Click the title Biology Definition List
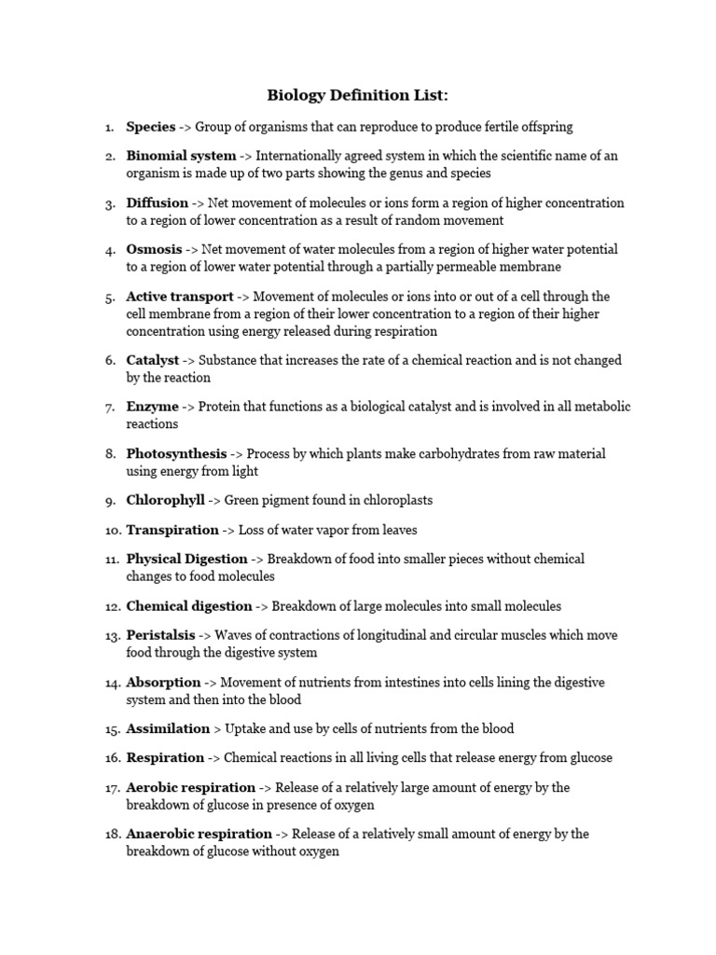coord(358,95)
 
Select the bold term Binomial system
coord(181,156)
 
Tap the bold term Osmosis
coord(155,249)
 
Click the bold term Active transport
coord(180,296)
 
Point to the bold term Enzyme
coord(153,407)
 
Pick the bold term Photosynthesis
coord(176,453)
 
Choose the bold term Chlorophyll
coord(166,500)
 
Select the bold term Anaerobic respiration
coord(200,834)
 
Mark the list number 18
coord(112,834)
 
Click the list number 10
coord(112,530)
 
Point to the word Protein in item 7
coord(220,407)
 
